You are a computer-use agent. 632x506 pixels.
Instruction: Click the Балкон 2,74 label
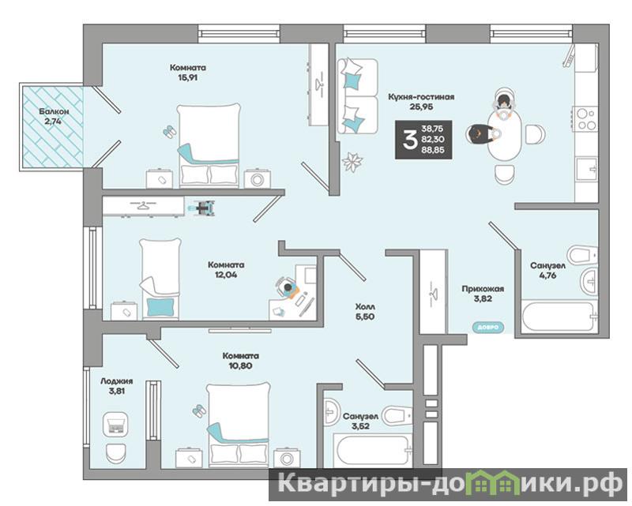tap(54, 116)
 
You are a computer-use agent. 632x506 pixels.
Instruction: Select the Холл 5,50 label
tap(365, 312)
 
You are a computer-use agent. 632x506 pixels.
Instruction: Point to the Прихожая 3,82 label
tap(483, 294)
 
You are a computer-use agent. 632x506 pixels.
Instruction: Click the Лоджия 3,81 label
tap(116, 385)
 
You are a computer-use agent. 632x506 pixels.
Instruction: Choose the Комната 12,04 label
tap(226, 270)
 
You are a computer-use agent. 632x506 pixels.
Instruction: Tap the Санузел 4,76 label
tap(547, 271)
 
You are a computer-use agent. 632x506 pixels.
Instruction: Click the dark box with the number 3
tap(423, 140)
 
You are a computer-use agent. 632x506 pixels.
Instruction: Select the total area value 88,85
tap(432, 150)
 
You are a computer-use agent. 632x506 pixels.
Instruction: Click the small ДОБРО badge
tap(488, 327)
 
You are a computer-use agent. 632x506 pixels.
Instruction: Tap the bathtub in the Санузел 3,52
tap(371, 451)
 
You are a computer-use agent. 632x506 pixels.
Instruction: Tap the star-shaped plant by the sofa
tap(352, 162)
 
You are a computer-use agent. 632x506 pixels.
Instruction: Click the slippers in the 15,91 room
tap(170, 132)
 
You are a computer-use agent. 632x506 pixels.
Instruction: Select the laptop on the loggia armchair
tap(115, 425)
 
